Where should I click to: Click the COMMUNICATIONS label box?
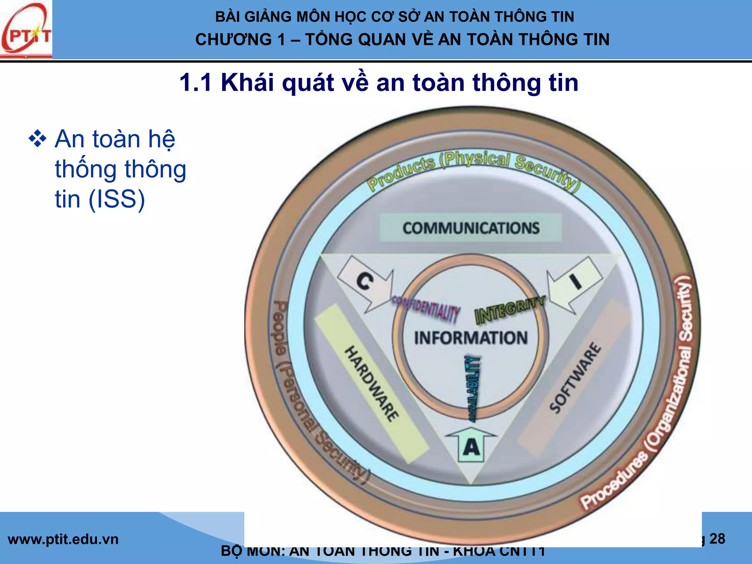pos(471,228)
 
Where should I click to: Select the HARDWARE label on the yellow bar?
pos(371,383)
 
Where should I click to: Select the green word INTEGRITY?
pos(510,310)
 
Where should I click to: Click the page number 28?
pos(717,539)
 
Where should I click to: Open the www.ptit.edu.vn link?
pos(63,539)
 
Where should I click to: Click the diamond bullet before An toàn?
pos(37,140)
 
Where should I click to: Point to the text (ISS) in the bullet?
pos(117,199)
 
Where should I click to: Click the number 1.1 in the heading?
pos(195,83)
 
